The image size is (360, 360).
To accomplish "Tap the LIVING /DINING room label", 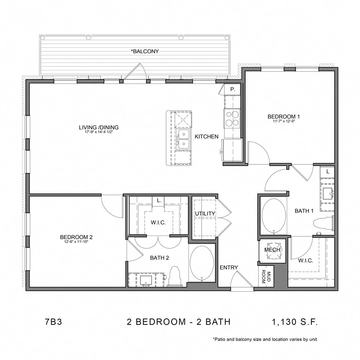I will coord(99,128).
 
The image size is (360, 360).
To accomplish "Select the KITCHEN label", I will coord(206,137).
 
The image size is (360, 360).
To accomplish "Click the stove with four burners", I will coord(231,118).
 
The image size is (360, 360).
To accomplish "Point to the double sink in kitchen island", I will coord(184,139).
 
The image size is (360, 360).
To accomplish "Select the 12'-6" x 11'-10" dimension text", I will coord(76,242).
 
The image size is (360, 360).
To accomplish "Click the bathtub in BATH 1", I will coord(274,216).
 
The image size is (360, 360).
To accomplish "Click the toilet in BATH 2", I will coord(175,276).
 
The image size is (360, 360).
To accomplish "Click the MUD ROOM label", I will coord(266,277).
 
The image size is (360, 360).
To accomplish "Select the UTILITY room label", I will coord(205,214).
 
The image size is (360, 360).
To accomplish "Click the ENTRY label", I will coord(229,268).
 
